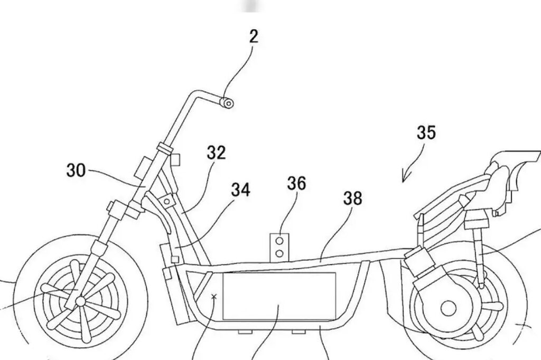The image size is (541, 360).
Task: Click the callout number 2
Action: pyautogui.click(x=254, y=36)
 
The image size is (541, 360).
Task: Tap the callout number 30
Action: pyautogui.click(x=76, y=170)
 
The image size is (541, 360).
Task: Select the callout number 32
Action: pyautogui.click(x=216, y=153)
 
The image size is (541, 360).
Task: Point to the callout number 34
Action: pyautogui.click(x=240, y=190)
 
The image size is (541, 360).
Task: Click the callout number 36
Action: pyautogui.click(x=297, y=183)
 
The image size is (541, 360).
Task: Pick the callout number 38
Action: pyautogui.click(x=352, y=198)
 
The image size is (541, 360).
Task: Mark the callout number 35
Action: pyautogui.click(x=426, y=132)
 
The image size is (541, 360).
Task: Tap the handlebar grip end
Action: pyautogui.click(x=227, y=103)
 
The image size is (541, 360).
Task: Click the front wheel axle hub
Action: pyautogui.click(x=80, y=301)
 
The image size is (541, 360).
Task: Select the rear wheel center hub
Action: pyautogui.click(x=448, y=308)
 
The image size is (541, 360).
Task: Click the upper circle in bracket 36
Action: pyautogui.click(x=280, y=240)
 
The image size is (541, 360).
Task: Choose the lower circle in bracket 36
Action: pyautogui.click(x=280, y=253)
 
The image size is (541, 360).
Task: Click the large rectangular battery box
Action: pyautogui.click(x=279, y=296)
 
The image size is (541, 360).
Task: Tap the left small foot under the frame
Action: pyautogui.click(x=245, y=331)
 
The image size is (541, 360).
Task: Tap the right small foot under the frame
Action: pyautogui.click(x=299, y=331)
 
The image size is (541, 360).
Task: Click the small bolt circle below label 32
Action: pyautogui.click(x=167, y=201)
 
